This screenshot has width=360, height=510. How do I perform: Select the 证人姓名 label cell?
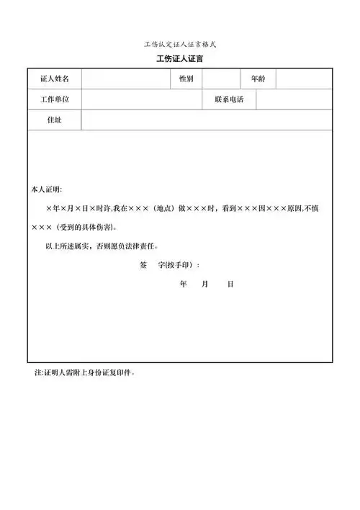click(x=54, y=79)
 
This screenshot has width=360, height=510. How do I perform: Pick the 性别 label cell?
click(x=186, y=79)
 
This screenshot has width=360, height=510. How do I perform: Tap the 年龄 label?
click(x=258, y=79)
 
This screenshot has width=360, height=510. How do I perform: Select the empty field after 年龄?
click(x=305, y=79)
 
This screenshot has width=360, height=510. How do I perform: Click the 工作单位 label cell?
click(x=54, y=99)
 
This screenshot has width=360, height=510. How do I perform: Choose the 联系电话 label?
click(x=228, y=99)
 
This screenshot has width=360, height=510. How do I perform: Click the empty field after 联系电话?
click(x=295, y=99)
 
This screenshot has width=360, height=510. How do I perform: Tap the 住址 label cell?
click(x=54, y=120)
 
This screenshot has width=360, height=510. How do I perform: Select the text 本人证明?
click(x=46, y=189)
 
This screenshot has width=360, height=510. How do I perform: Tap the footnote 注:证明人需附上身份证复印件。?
click(x=85, y=373)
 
